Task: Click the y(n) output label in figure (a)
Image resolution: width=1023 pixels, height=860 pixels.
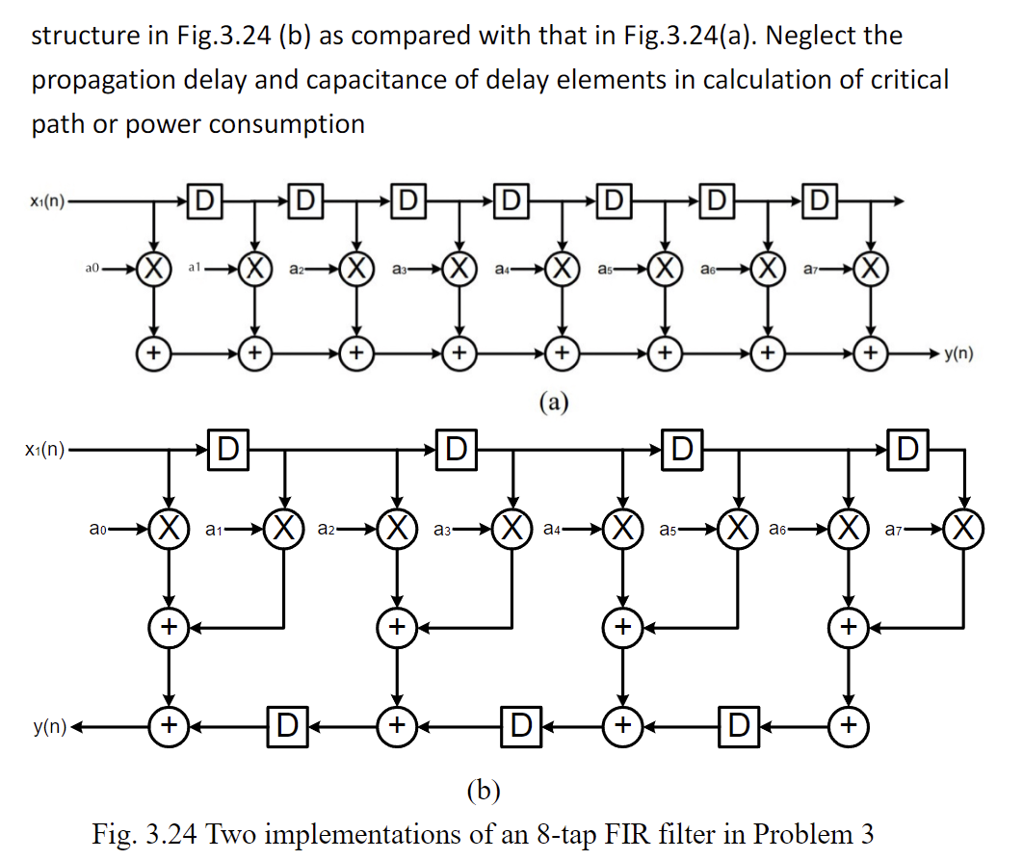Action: coord(957,353)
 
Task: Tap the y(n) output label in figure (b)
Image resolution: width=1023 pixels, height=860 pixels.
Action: coord(46,724)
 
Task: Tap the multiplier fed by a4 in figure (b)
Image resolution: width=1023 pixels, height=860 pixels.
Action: coord(622,528)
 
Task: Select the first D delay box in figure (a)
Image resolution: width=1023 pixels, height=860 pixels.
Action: coord(204,201)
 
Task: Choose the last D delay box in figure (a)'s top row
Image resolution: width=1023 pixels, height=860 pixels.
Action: coord(820,201)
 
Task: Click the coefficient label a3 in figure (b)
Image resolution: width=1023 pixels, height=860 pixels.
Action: coord(444,528)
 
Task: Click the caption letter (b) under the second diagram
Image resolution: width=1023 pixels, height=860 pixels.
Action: coord(482,791)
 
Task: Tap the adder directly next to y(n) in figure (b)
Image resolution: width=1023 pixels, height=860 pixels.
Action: coord(169,724)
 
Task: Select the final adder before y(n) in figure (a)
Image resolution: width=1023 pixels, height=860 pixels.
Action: coord(872,353)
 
